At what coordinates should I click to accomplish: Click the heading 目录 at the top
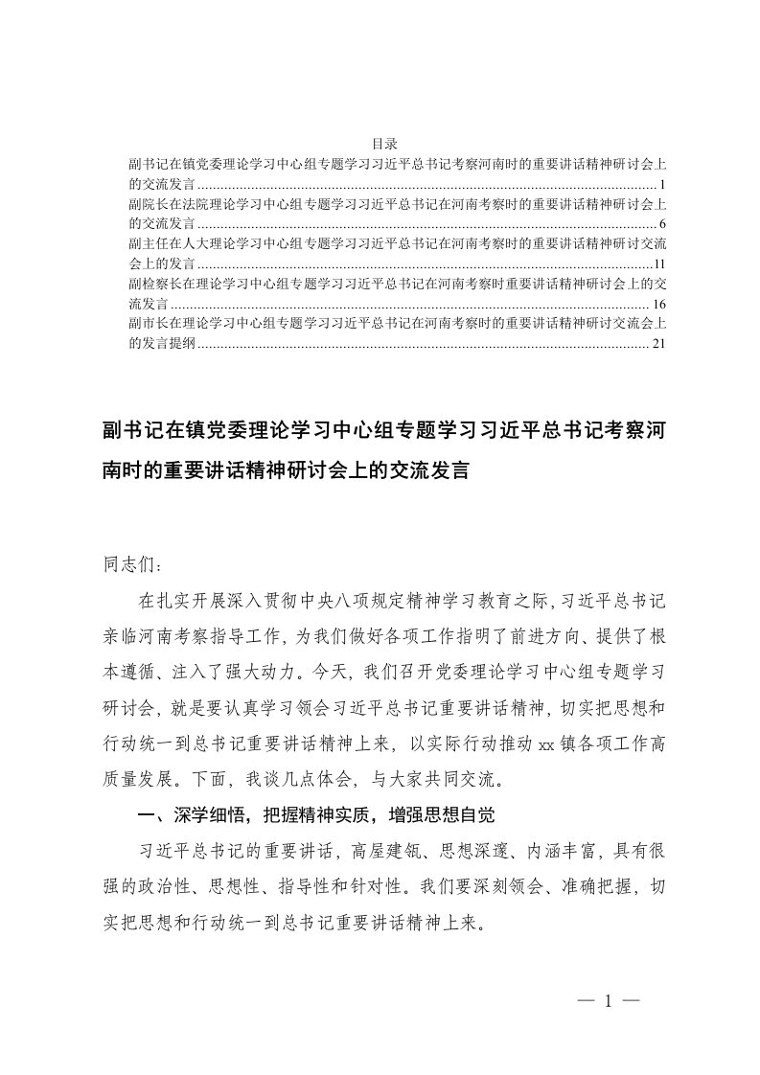coord(380,143)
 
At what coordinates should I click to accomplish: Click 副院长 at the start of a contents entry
coord(146,203)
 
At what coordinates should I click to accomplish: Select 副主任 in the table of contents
coord(146,243)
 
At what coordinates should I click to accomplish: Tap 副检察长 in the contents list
coord(151,284)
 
